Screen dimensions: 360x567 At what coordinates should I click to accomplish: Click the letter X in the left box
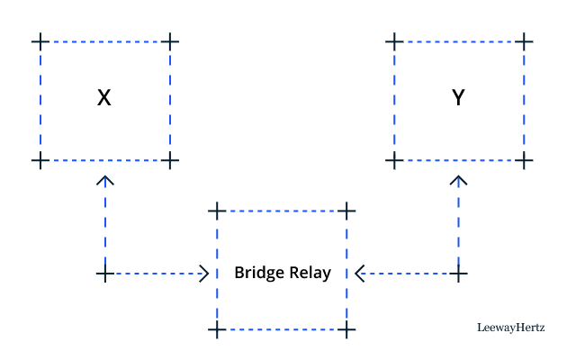click(104, 98)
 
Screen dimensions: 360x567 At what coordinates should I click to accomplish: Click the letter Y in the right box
click(458, 98)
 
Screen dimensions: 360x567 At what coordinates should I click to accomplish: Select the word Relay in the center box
click(309, 273)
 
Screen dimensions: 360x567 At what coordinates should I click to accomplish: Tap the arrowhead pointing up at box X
click(105, 180)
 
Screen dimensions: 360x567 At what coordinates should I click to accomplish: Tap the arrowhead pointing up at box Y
click(459, 180)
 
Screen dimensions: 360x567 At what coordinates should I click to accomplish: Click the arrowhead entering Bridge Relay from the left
click(203, 273)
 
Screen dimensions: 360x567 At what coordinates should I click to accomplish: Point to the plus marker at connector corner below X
click(105, 273)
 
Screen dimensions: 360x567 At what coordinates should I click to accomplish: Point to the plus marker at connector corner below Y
click(459, 273)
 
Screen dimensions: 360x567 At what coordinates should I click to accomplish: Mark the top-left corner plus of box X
click(39, 41)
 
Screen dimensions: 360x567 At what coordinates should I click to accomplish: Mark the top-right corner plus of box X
click(170, 41)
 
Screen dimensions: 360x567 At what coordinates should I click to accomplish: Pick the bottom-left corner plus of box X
click(39, 160)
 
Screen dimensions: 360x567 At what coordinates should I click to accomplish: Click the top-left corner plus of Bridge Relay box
click(215, 211)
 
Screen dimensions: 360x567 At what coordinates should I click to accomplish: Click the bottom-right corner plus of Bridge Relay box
click(346, 330)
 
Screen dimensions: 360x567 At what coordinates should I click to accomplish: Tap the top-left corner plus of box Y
click(392, 41)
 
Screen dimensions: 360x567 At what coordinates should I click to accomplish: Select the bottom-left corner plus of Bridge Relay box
click(215, 330)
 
